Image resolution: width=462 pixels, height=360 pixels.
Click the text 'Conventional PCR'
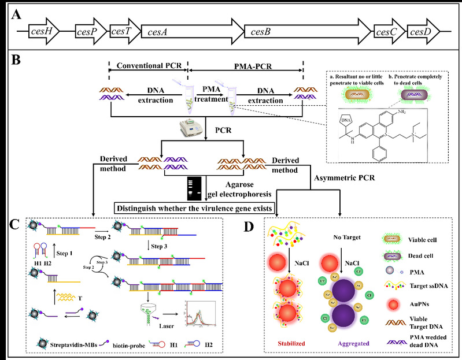pos(147,66)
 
